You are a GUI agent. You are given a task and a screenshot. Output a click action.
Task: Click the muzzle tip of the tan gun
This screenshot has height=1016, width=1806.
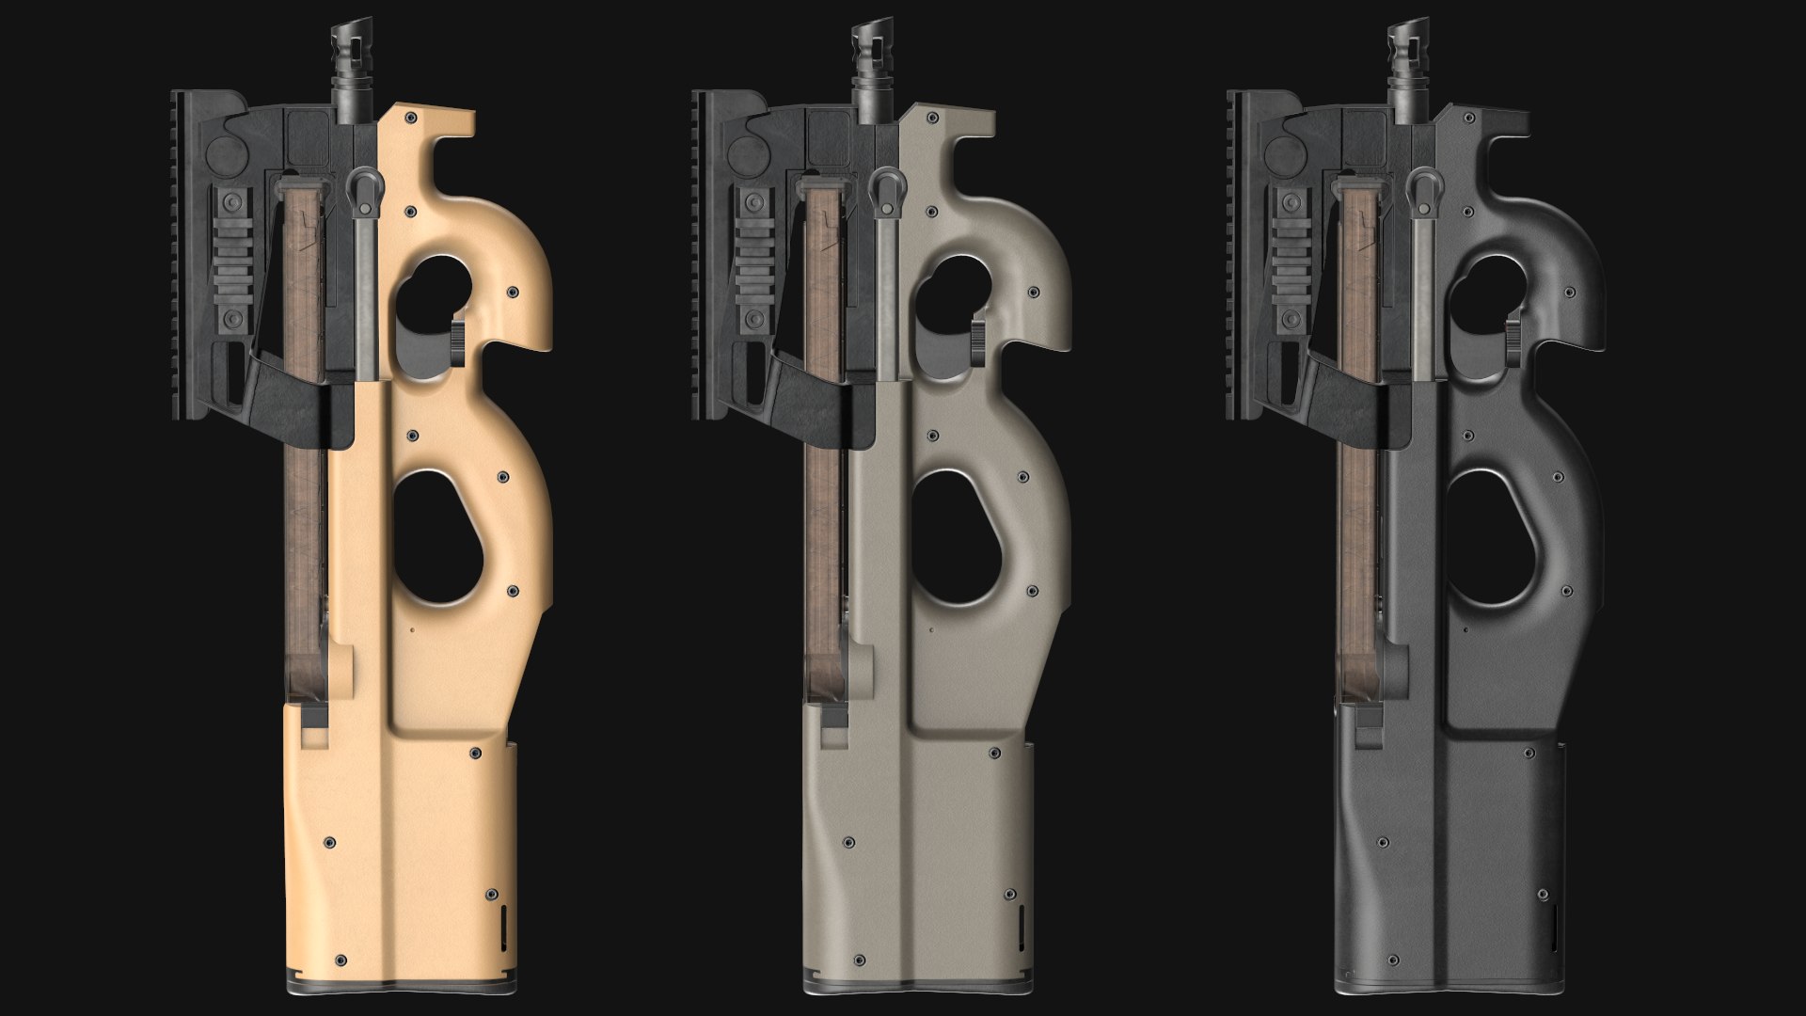[x=345, y=29]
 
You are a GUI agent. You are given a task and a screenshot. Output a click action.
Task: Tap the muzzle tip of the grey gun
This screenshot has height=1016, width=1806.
[x=866, y=29]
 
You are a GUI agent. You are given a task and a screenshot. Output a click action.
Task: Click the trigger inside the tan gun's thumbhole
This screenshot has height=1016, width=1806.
[x=459, y=342]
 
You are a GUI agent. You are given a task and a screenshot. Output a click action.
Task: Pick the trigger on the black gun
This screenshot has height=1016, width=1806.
[x=1516, y=342]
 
